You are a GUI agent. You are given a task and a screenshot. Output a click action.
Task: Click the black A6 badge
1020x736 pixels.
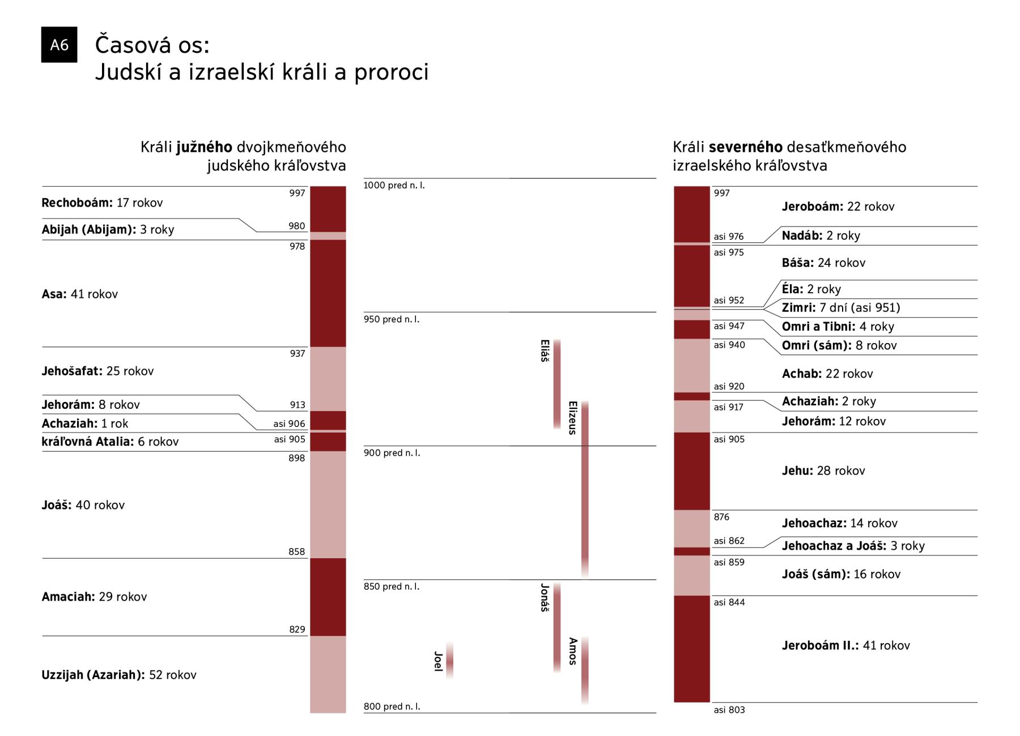[59, 45]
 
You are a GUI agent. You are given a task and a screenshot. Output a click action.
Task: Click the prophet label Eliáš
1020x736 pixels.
[545, 351]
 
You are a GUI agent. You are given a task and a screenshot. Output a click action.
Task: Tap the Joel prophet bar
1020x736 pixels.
[449, 660]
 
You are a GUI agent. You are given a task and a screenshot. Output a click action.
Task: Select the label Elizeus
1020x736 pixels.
[572, 418]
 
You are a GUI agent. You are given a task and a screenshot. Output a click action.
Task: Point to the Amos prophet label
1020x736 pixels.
[572, 651]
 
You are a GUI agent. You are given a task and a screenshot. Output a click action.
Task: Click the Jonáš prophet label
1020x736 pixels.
[545, 597]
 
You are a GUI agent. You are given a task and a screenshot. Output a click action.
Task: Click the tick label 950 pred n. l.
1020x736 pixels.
[392, 319]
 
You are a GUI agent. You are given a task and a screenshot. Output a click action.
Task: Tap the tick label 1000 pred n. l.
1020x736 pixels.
[394, 185]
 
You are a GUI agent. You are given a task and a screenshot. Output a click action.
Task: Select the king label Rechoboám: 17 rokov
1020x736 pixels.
[102, 203]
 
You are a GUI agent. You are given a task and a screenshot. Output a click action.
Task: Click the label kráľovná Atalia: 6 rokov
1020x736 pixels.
[110, 442]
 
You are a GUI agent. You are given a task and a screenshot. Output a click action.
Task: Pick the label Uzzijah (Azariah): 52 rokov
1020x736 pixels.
[119, 675]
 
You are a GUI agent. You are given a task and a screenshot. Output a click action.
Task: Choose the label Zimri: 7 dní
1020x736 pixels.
[840, 307]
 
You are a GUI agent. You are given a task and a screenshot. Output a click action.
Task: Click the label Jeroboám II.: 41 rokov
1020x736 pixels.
[845, 645]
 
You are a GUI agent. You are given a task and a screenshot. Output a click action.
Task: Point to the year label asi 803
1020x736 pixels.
[729, 710]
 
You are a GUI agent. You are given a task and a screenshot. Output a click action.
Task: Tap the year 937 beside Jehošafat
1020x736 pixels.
[297, 353]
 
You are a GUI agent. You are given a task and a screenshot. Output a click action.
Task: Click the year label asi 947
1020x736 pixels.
[729, 326]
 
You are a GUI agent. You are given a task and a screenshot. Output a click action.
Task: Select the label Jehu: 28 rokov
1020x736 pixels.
[823, 470]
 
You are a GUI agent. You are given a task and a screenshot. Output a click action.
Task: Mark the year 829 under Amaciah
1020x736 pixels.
[297, 630]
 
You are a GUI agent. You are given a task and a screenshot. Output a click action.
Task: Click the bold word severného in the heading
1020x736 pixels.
[745, 147]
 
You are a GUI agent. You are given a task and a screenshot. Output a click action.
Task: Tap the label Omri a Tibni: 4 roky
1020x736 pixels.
[838, 327]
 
